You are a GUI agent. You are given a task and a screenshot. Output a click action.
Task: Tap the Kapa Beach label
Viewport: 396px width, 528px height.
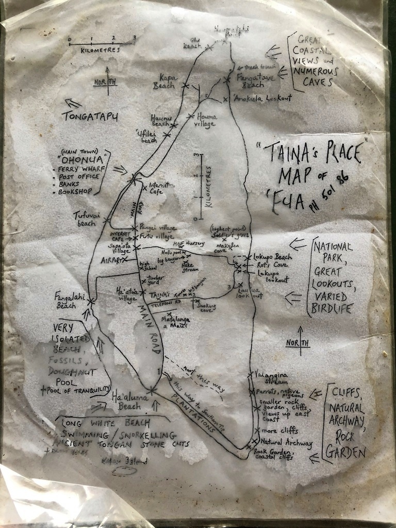click(x=164, y=82)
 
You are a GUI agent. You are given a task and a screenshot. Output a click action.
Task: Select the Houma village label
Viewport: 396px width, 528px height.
click(x=206, y=120)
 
